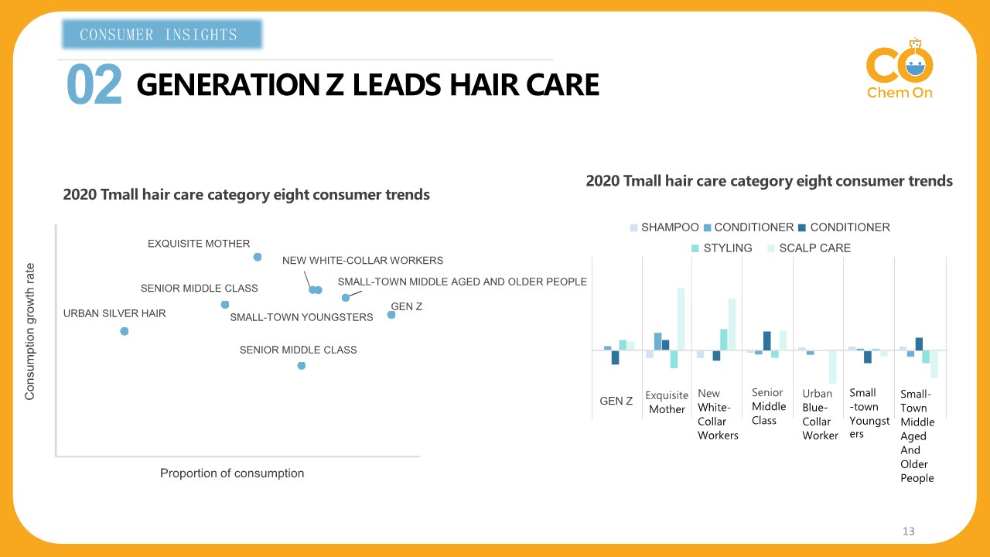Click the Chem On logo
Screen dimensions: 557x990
[x=900, y=73]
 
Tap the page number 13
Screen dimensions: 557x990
[x=908, y=531]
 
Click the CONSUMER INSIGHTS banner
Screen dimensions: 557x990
[x=161, y=35]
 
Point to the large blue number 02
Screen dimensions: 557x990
[x=94, y=85]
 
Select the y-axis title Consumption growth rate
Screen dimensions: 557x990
[x=30, y=332]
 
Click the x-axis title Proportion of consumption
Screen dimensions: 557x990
[x=232, y=473]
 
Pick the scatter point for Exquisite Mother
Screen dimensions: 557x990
[x=258, y=257]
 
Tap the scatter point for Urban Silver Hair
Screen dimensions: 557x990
[x=125, y=331]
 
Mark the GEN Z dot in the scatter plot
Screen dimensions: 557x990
[x=391, y=315]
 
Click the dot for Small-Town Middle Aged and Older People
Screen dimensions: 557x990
[x=346, y=298]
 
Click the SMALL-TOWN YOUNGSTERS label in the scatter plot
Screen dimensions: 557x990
[x=302, y=317]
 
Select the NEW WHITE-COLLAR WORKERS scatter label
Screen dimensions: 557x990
[x=362, y=261]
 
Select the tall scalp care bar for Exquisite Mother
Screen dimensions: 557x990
[x=681, y=319]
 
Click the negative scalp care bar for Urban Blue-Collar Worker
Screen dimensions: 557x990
[x=833, y=367]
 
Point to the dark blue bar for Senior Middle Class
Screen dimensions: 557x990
[x=767, y=340]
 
